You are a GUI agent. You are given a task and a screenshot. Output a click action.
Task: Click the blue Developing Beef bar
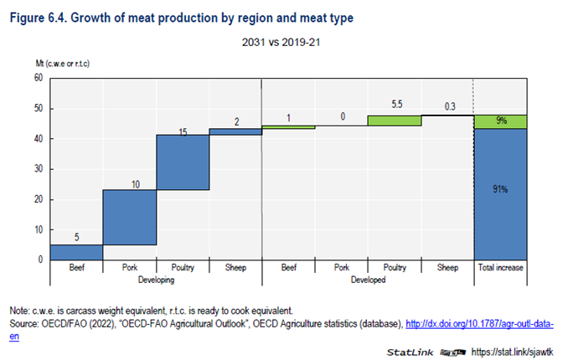(x=76, y=251)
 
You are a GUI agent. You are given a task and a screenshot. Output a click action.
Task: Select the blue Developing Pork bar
(x=129, y=217)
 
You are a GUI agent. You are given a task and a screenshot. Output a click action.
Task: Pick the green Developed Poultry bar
(x=394, y=120)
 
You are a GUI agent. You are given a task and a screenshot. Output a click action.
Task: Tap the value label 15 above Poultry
(x=182, y=131)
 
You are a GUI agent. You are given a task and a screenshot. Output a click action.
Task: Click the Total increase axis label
(x=499, y=267)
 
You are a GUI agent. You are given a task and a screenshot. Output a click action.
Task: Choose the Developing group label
(x=156, y=279)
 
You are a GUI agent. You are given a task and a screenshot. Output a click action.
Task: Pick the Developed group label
(x=367, y=279)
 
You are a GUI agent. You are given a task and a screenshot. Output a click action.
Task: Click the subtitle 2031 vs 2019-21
(x=283, y=41)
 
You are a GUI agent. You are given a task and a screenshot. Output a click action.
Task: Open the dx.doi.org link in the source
(x=478, y=323)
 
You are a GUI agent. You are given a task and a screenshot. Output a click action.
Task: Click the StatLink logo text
(x=411, y=352)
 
